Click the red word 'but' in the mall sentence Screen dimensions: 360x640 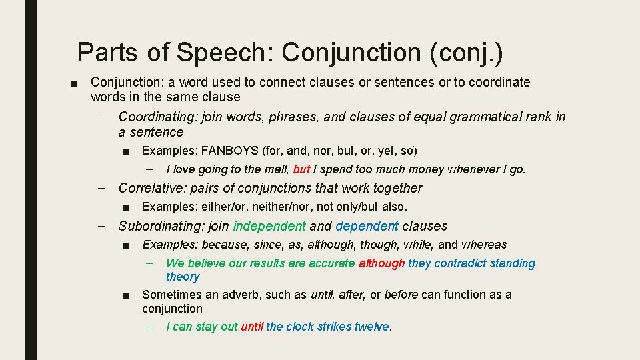[x=301, y=169]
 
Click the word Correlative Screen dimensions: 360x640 [x=151, y=188]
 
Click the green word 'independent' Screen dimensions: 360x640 [x=269, y=226]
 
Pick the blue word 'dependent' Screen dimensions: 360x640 [x=367, y=226]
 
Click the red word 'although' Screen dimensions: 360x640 [x=381, y=263]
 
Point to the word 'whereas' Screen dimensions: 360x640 [x=484, y=245]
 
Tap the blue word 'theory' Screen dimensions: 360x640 [x=182, y=277]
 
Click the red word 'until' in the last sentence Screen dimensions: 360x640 [x=252, y=327]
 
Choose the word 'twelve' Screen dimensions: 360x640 [x=371, y=327]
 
